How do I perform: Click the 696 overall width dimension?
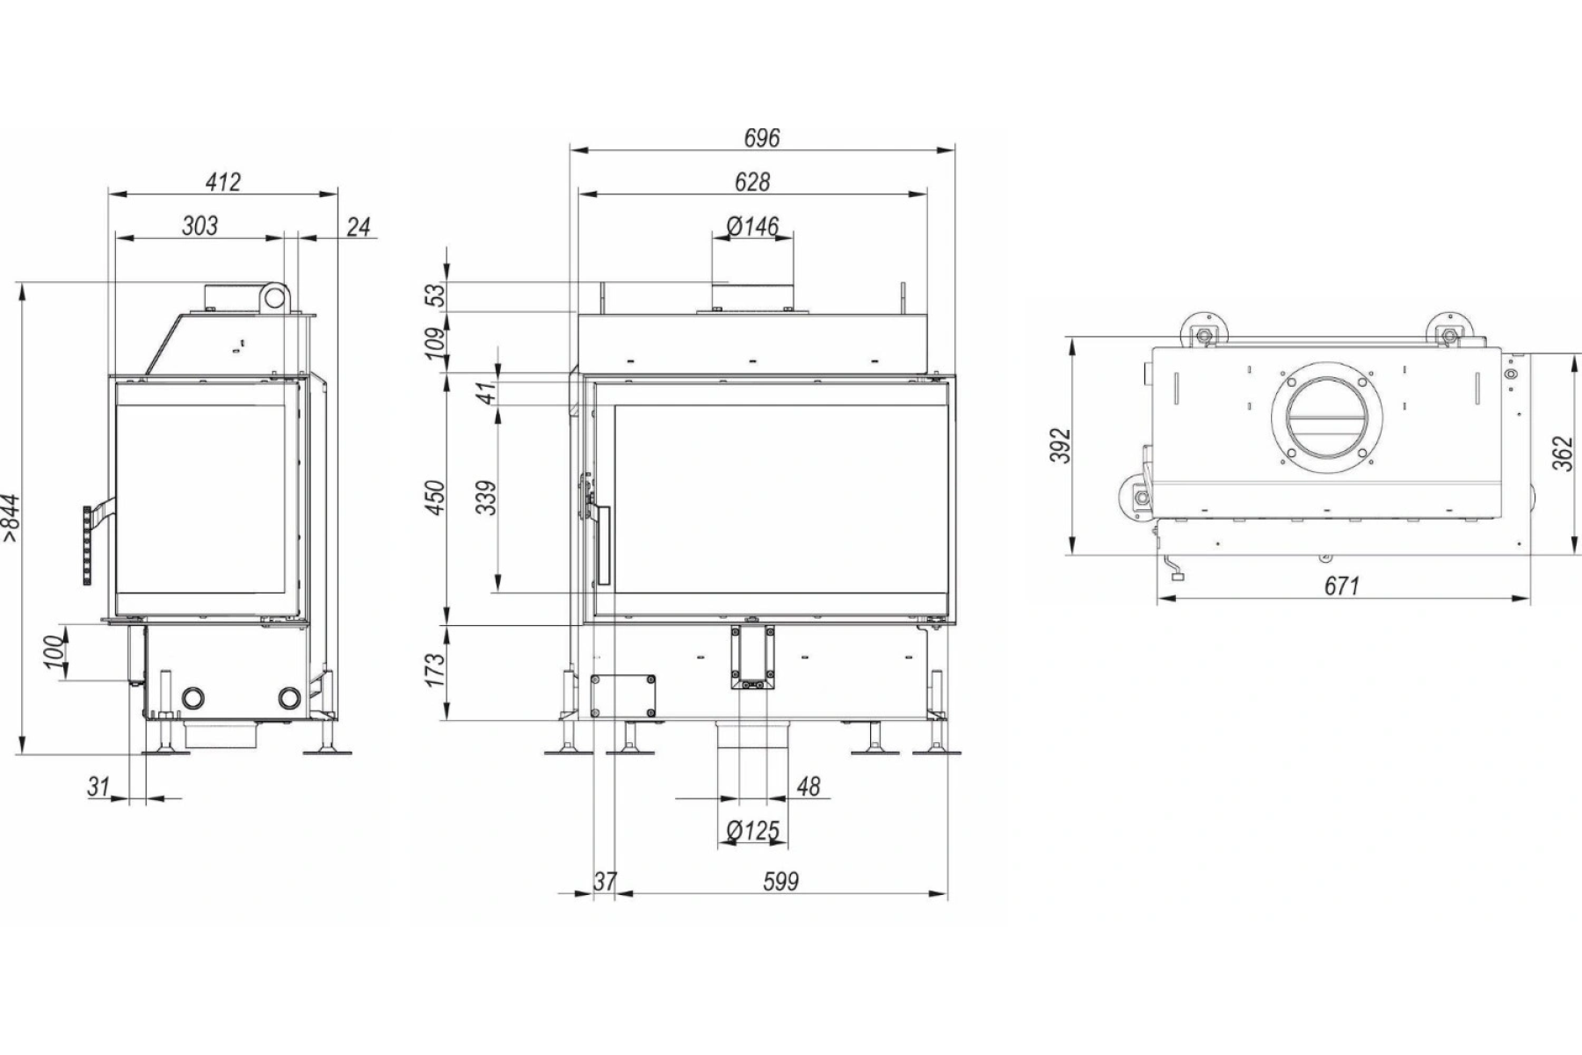click(761, 138)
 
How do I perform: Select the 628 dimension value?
click(752, 182)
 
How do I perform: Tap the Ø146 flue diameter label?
click(753, 227)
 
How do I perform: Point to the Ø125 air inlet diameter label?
click(753, 830)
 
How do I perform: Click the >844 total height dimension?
click(11, 520)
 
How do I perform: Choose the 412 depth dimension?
click(223, 182)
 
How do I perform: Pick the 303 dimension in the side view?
click(200, 226)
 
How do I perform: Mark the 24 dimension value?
click(359, 227)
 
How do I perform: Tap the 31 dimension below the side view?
click(98, 786)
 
